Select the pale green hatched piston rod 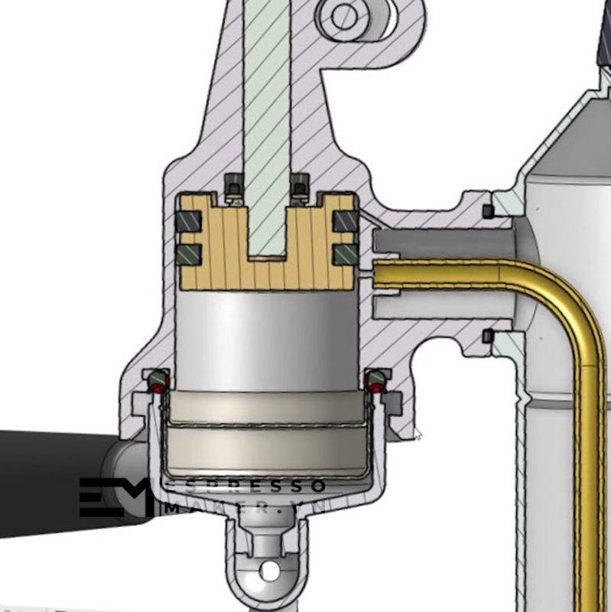click(267, 115)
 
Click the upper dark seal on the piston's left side click(190, 222)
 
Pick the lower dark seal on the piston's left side click(190, 254)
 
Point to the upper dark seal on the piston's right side click(344, 222)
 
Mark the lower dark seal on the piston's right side click(344, 254)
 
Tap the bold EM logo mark click(115, 497)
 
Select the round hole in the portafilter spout click(268, 571)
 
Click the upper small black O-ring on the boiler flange click(487, 210)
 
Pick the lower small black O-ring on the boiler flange click(487, 335)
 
